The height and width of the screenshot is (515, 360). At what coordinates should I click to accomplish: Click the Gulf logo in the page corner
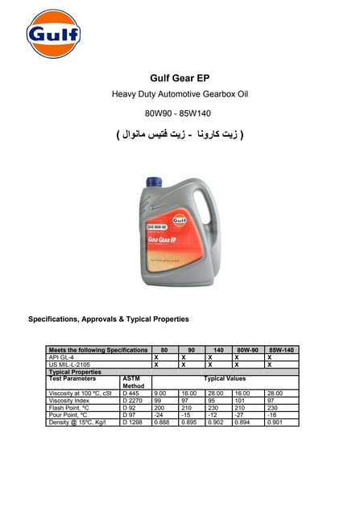point(53,34)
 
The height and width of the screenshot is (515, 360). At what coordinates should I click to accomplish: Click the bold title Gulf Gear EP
point(180,79)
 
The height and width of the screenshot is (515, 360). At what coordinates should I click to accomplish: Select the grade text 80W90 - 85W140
point(180,113)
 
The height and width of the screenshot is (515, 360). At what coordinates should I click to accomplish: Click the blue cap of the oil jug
point(156,183)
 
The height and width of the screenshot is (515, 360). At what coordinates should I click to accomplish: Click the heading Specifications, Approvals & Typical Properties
point(109,319)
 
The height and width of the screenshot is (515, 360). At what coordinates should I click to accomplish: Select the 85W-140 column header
point(282,350)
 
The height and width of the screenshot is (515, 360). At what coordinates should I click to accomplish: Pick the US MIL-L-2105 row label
point(71,365)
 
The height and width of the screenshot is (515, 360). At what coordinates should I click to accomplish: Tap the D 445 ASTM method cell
point(130,393)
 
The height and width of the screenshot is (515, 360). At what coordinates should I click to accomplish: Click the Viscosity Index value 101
point(238,400)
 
